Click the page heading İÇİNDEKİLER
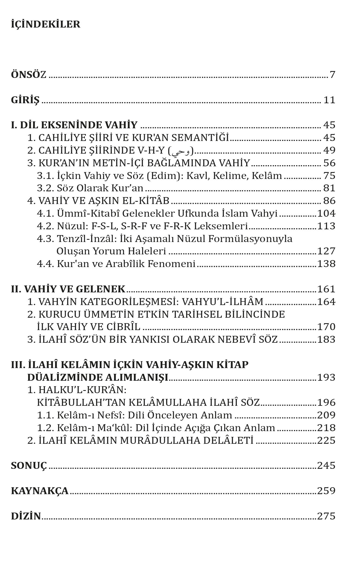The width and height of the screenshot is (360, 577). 46,25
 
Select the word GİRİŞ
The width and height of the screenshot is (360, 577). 25,100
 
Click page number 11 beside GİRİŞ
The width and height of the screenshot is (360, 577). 329,100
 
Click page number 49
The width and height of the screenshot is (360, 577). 329,150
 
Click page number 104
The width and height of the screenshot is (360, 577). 326,213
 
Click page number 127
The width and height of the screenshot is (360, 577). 326,251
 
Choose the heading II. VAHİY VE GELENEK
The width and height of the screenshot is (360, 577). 68,289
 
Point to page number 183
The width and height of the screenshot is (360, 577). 326,339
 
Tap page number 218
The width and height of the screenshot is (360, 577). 326,428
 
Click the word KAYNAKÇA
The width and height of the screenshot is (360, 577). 40,491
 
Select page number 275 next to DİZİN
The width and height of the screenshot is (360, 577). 326,516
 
